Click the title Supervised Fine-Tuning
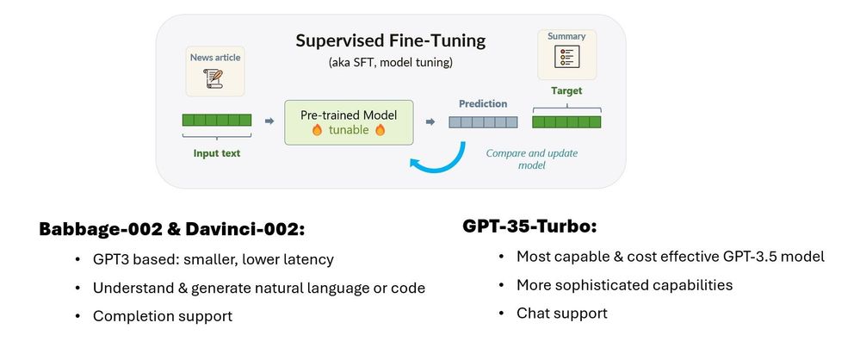click(x=389, y=40)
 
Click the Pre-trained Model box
click(x=348, y=121)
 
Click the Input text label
click(x=216, y=153)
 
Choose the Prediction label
click(x=482, y=103)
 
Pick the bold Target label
click(x=566, y=90)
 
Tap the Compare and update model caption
click(x=531, y=158)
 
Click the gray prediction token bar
click(x=482, y=121)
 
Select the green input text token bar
click(x=216, y=121)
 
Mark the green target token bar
click(x=566, y=121)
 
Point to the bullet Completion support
click(x=163, y=316)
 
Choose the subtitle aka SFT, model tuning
click(x=389, y=64)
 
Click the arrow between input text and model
click(x=266, y=121)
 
